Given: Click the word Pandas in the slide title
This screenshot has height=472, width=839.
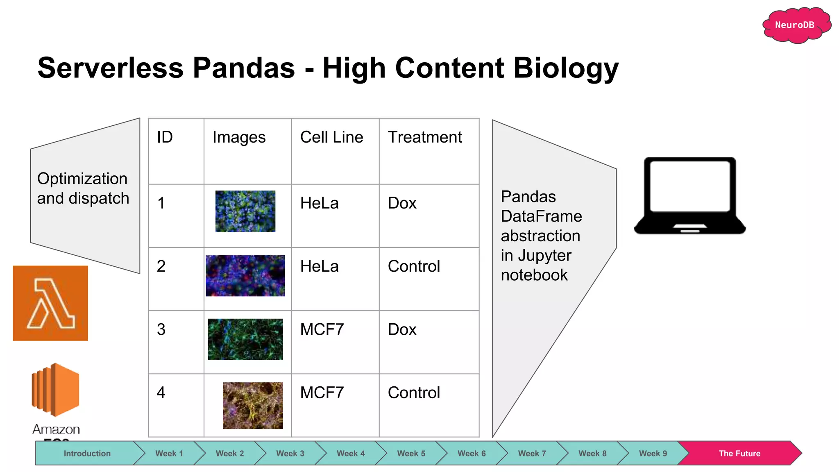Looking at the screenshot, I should (244, 68).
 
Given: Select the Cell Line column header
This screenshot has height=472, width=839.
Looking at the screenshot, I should (331, 137).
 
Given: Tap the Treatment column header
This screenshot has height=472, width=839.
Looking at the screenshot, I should (425, 137).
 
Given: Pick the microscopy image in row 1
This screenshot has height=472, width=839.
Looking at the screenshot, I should (245, 211).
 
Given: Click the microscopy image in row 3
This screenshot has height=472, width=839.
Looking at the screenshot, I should (245, 339).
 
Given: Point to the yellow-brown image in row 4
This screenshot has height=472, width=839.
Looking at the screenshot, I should (253, 406).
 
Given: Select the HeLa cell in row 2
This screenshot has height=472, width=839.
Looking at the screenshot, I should (319, 267).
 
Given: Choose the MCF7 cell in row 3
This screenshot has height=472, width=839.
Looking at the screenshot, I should (322, 330).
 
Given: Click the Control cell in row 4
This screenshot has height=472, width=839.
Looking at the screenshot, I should (414, 393).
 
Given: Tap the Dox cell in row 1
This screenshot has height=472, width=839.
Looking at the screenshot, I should (402, 204).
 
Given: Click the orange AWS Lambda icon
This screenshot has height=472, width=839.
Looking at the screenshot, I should (50, 303).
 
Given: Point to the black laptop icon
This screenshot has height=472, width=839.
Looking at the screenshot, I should (690, 195).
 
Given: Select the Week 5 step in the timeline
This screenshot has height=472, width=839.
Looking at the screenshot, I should (411, 454).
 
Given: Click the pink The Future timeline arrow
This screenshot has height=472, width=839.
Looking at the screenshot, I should (739, 454).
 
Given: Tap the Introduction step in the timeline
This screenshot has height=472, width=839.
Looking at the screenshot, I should (87, 454).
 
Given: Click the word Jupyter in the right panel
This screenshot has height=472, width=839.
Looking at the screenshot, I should (544, 256).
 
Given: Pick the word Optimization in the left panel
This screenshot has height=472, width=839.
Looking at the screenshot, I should (82, 179).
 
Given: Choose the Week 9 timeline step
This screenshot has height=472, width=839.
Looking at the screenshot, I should (653, 454).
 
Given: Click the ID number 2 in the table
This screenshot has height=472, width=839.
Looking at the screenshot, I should (161, 267).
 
